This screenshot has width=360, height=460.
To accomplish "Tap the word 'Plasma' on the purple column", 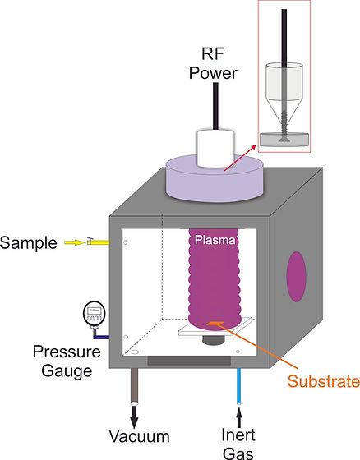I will point(215,241).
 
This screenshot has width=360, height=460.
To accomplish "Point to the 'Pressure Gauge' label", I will point(66,361).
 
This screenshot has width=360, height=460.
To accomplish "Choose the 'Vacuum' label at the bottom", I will point(141,435).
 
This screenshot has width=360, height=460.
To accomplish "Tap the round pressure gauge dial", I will point(95,313).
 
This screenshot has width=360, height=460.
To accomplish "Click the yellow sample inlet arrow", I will point(76,242).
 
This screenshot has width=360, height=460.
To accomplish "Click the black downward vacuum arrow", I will point(134,410).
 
